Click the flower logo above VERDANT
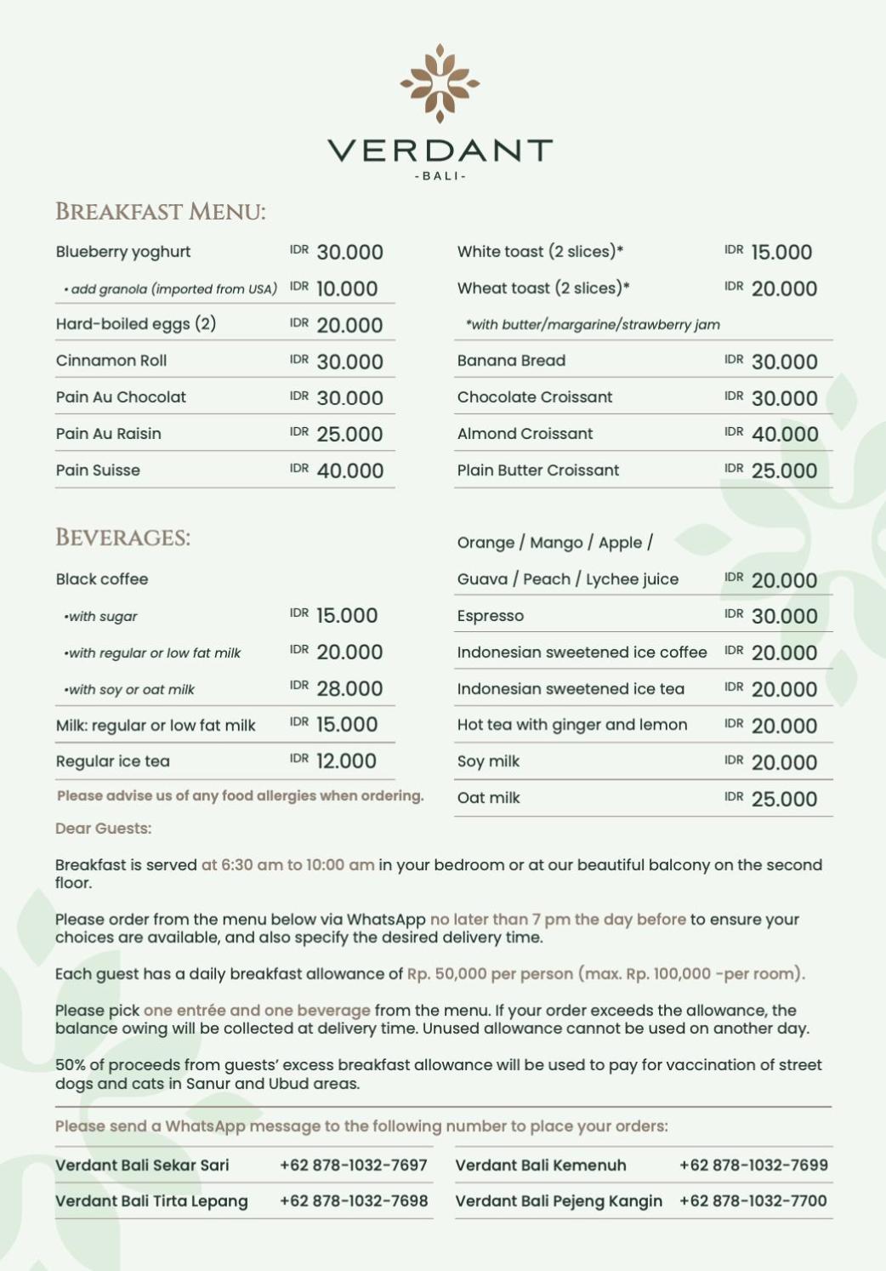click(x=440, y=83)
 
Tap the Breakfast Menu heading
click(x=160, y=212)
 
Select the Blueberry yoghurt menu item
click(x=123, y=252)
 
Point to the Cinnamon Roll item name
click(x=111, y=361)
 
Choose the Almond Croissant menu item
click(x=525, y=434)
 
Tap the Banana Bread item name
click(x=511, y=361)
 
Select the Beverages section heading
click(x=123, y=538)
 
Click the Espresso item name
click(x=491, y=616)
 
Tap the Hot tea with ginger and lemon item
click(x=572, y=726)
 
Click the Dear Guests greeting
click(x=104, y=829)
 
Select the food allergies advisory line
click(x=240, y=796)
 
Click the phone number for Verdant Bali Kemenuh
click(x=753, y=1166)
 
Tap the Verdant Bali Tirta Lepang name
click(x=151, y=1201)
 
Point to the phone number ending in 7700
click(x=753, y=1201)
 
